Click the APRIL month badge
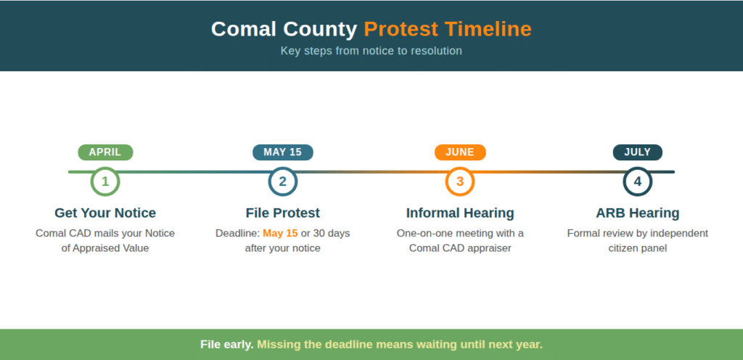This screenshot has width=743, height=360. (105, 152)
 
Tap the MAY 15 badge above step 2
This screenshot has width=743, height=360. (282, 152)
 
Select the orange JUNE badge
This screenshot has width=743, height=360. (460, 152)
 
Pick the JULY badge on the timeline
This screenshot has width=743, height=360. (637, 152)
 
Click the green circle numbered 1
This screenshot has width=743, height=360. (105, 181)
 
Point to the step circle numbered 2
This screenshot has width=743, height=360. (282, 181)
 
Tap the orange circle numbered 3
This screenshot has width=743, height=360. (460, 181)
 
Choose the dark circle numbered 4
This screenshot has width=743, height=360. (637, 181)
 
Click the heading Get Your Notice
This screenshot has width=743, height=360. (105, 213)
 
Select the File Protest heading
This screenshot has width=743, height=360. (282, 213)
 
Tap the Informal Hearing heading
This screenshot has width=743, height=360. (460, 213)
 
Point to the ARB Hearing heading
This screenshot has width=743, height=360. (637, 213)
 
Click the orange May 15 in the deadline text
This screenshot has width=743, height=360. (280, 233)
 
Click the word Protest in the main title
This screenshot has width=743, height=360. (401, 29)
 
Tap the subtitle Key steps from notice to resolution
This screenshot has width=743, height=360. (371, 51)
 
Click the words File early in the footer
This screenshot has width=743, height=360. (226, 344)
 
